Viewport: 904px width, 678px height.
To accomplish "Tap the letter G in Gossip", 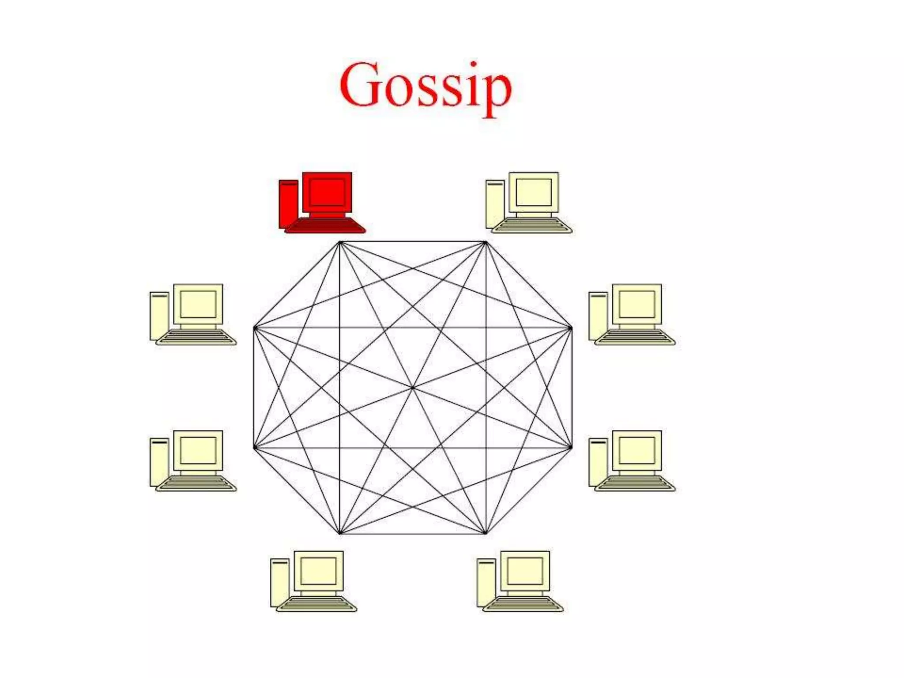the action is (360, 85).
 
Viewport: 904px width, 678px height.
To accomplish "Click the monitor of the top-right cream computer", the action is (533, 192).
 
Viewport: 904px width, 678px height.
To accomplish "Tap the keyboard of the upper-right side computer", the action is (635, 337).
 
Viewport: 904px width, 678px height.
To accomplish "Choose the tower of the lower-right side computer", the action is (598, 462).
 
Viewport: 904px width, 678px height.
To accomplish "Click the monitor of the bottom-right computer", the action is (525, 571).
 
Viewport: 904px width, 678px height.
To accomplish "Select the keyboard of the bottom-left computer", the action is (316, 604).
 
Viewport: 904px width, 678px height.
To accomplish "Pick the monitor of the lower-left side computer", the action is (198, 450).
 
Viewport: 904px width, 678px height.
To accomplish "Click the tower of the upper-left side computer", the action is (159, 316).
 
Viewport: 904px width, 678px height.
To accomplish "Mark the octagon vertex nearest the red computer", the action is (340, 242).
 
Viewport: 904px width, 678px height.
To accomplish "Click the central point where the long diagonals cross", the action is (413, 388).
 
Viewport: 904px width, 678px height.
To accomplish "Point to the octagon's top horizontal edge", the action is (413, 242).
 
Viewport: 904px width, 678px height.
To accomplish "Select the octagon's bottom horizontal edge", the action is (413, 533).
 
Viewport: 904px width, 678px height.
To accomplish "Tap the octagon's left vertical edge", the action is (255, 388).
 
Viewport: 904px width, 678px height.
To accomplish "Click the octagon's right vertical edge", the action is (571, 388).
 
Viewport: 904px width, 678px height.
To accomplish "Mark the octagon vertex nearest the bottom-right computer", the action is (486, 533).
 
